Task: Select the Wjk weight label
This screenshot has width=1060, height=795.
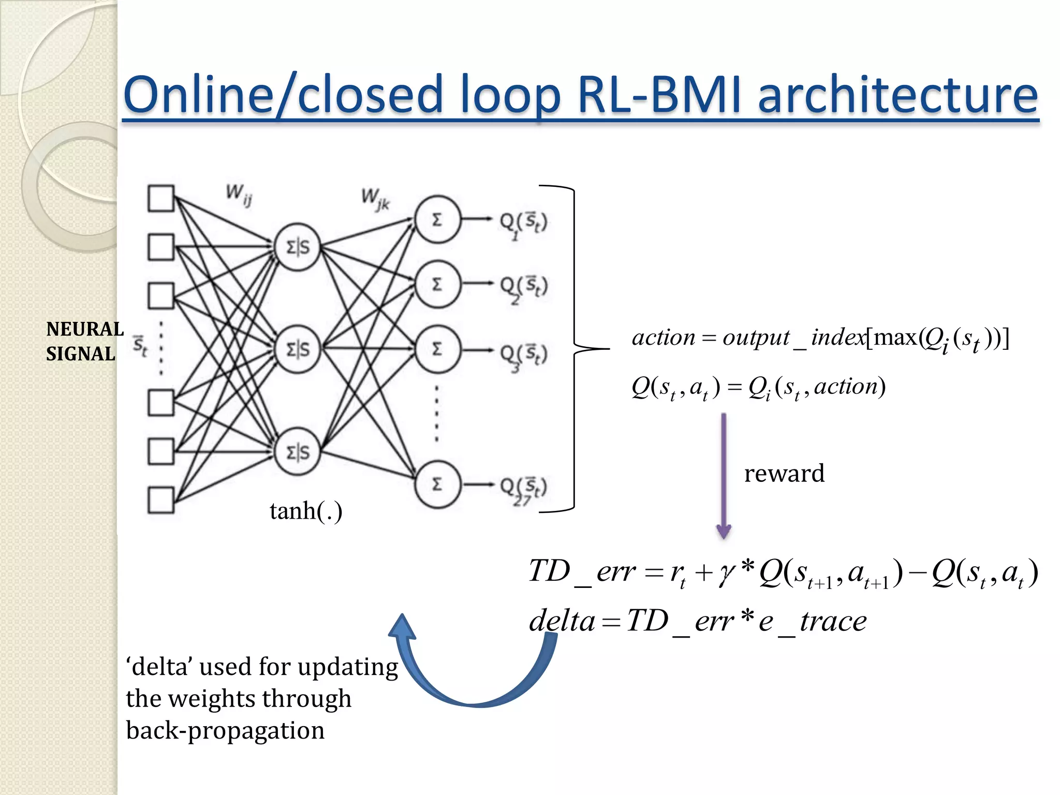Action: click(375, 199)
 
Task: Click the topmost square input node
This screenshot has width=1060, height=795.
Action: click(161, 198)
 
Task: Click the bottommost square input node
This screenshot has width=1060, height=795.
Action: click(161, 499)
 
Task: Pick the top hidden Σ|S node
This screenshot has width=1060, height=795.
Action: click(298, 247)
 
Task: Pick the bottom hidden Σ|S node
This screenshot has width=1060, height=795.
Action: click(298, 452)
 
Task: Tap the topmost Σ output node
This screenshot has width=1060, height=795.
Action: click(437, 219)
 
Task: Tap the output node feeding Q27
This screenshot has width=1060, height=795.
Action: click(437, 484)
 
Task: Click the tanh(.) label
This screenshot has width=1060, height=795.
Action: click(305, 511)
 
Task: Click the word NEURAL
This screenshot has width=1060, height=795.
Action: click(85, 329)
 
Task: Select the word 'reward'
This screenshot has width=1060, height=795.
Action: click(784, 474)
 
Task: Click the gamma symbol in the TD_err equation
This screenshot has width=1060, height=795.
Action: click(726, 572)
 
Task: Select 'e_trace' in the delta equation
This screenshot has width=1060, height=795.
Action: click(812, 621)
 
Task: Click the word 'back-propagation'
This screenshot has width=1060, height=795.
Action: click(225, 730)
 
